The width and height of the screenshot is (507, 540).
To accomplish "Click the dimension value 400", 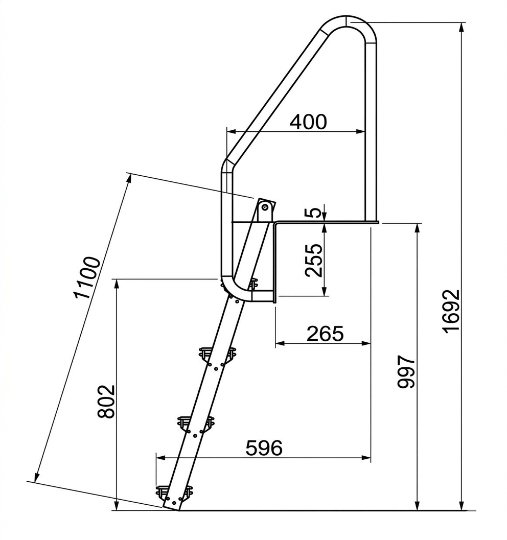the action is click(x=308, y=122).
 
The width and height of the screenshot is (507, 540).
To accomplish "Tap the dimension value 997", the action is click(x=406, y=372).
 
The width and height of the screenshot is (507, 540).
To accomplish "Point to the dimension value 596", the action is click(x=264, y=448).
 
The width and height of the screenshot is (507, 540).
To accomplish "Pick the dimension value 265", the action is click(x=325, y=334).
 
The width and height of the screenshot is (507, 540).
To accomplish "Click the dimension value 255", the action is click(x=314, y=260).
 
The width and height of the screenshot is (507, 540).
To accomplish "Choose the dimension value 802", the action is click(x=106, y=401).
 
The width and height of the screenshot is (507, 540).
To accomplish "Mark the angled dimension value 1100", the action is click(x=87, y=277).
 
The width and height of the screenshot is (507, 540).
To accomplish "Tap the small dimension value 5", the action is click(x=313, y=213).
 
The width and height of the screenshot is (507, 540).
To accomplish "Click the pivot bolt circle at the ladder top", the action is click(x=265, y=207).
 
